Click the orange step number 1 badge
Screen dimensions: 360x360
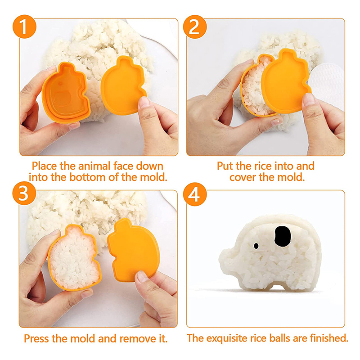tap(24, 27)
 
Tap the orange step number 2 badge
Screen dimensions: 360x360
tap(195, 27)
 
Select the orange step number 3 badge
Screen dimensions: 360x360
tap(24, 193)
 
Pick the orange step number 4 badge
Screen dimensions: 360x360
tap(195, 194)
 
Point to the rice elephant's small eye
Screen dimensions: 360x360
tap(256, 246)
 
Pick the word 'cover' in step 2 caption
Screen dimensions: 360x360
tap(243, 177)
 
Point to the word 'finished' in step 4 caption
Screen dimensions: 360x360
tap(329, 338)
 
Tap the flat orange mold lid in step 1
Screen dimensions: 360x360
tap(123, 85)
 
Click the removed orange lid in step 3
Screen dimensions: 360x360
tap(133, 250)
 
